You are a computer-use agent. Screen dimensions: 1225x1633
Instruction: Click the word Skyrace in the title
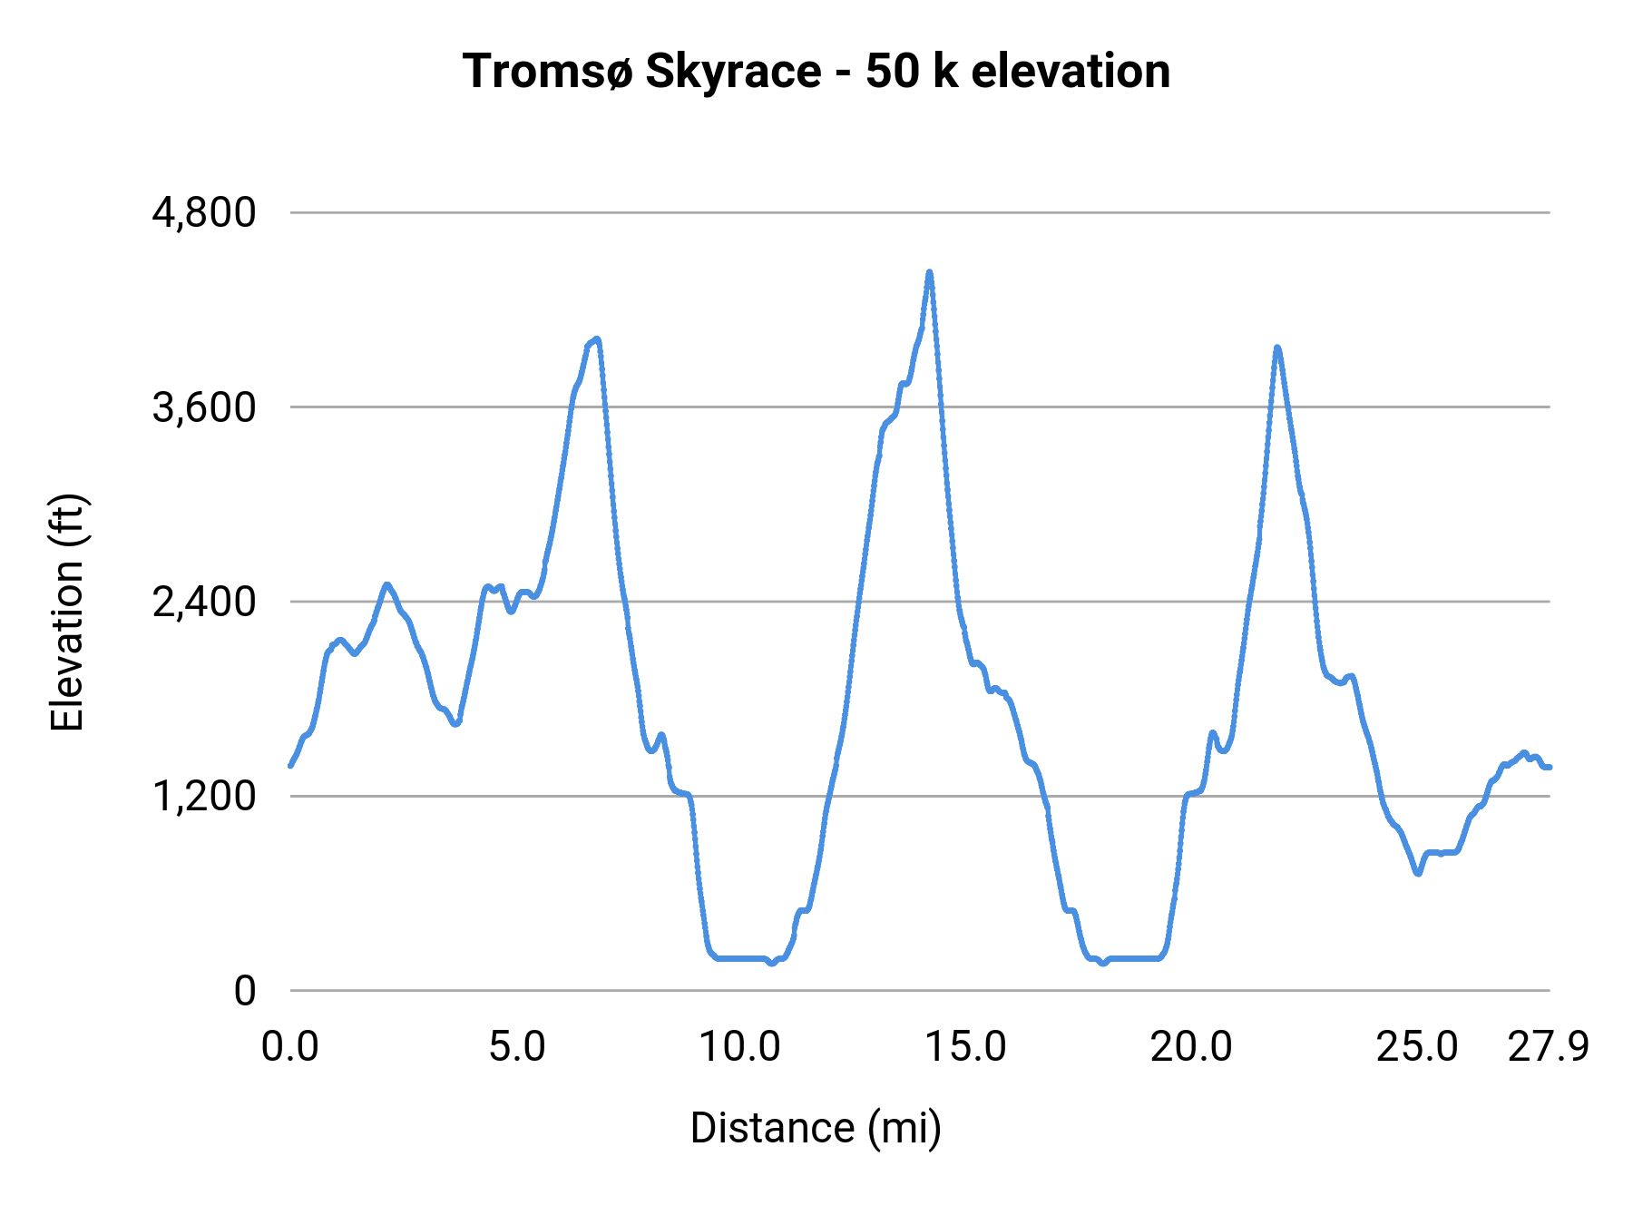tap(733, 71)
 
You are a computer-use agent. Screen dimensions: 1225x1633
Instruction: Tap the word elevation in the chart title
tap(1071, 71)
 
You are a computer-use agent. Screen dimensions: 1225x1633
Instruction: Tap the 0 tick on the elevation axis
tap(245, 991)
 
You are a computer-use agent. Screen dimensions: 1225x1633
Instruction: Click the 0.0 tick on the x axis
tap(290, 1047)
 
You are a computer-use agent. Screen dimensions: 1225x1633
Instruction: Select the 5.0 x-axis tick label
tap(516, 1047)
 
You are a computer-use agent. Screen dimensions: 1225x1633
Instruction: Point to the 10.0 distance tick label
tap(739, 1047)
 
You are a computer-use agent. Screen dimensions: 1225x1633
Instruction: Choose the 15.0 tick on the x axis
tap(965, 1047)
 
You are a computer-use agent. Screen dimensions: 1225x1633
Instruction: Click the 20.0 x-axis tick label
tap(1191, 1047)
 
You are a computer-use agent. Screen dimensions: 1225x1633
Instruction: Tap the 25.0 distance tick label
tap(1417, 1047)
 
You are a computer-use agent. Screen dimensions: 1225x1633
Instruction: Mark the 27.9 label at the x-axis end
tap(1549, 1047)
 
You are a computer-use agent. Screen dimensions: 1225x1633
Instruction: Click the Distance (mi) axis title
tap(816, 1128)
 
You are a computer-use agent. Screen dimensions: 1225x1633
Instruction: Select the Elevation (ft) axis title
tap(67, 612)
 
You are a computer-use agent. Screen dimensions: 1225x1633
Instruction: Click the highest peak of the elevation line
tap(929, 272)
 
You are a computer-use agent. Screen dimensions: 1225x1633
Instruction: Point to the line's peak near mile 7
tap(597, 339)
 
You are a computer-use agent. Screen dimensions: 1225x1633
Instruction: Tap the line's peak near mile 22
tap(1277, 348)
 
